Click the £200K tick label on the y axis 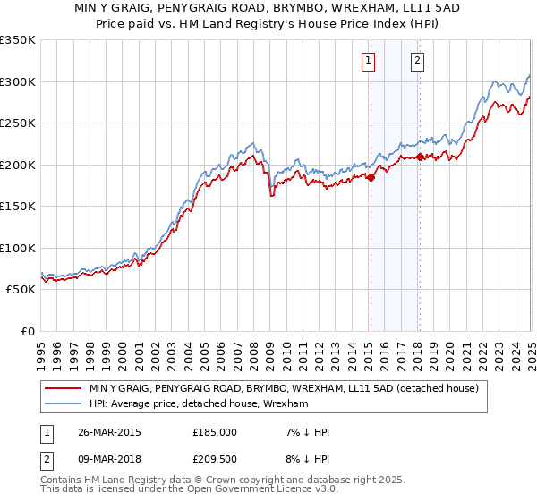[x=17, y=165]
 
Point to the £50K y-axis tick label [x=20, y=290]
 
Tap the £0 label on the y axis [x=27, y=331]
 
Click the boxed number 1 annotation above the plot [x=369, y=61]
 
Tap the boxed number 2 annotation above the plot [x=418, y=61]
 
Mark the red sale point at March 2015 [x=371, y=177]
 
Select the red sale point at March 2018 [x=419, y=157]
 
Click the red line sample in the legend [x=64, y=388]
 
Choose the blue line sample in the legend [x=64, y=403]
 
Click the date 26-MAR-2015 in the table [x=115, y=432]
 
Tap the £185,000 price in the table [x=215, y=432]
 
